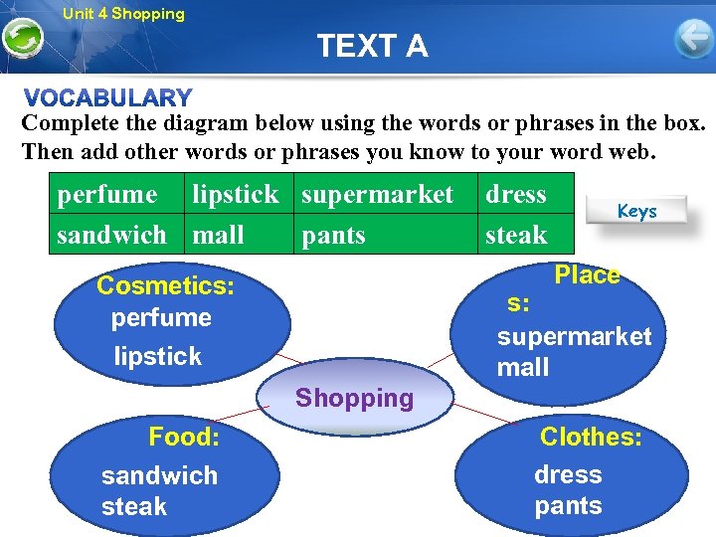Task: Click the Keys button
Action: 636,211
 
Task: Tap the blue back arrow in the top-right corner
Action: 693,39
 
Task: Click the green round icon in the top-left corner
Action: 22,40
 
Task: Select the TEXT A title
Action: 372,46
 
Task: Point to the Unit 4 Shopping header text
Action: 123,14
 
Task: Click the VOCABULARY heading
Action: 108,97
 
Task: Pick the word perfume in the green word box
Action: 107,195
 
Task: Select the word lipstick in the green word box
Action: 236,195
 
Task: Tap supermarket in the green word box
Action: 377,195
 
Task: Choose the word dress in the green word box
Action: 515,195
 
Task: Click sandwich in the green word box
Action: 111,236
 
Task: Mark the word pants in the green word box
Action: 333,236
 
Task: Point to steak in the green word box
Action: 516,236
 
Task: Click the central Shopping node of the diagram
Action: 354,399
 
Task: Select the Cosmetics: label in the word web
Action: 165,286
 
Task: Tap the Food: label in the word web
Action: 184,437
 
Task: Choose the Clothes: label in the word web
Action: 591,437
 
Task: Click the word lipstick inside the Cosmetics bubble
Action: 157,356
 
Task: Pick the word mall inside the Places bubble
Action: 523,368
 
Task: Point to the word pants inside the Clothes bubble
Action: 568,506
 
